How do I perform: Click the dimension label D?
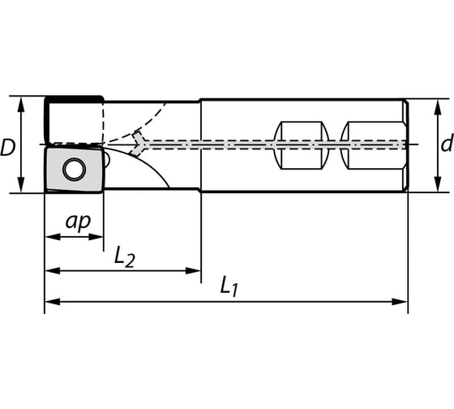click(x=8, y=147)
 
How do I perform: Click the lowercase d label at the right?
click(x=446, y=145)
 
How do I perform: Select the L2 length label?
click(x=124, y=257)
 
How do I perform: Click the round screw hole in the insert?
click(x=75, y=170)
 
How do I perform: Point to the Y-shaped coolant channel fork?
click(x=141, y=144)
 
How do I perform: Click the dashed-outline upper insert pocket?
click(x=75, y=122)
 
